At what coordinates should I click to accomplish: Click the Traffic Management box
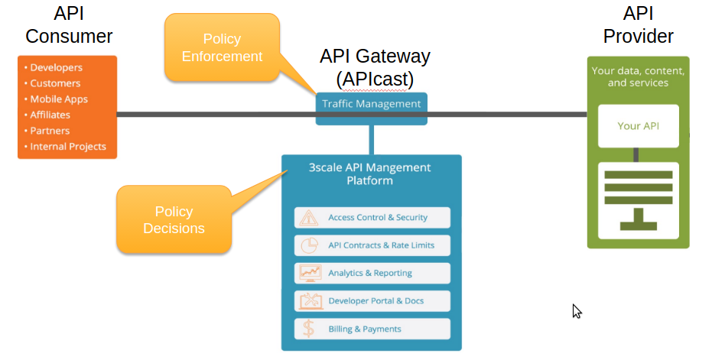pos(371,104)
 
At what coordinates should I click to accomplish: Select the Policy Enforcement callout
pos(221,47)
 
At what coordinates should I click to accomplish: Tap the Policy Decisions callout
pos(174,219)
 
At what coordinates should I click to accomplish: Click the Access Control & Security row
pos(372,218)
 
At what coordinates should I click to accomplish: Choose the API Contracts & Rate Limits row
pos(372,245)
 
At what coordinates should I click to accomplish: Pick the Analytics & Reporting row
pos(372,273)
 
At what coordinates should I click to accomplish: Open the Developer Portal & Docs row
pos(372,301)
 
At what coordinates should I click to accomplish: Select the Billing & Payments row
pos(372,329)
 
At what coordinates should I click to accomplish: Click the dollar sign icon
pos(308,329)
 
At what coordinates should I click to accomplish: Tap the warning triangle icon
pos(309,218)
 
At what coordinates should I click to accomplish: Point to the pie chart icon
pos(309,245)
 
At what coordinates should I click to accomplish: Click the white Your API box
pos(638,126)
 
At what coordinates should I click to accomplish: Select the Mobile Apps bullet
pos(58,99)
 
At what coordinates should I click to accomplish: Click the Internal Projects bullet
pos(67,147)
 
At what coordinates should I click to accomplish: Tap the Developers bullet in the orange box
pos(56,68)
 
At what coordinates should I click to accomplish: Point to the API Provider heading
pos(638,25)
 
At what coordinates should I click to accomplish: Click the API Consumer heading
pos(69,25)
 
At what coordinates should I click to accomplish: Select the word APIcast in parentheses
pos(375,79)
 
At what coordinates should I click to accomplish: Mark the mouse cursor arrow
pos(577,310)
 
